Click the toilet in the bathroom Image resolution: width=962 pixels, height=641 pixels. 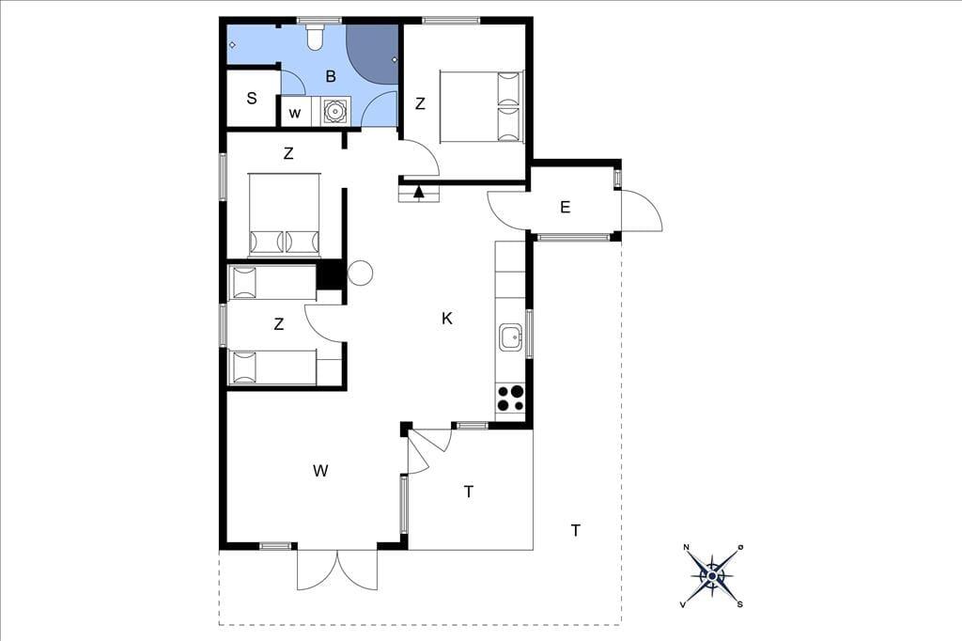(315, 37)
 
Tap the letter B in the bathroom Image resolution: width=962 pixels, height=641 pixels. (331, 77)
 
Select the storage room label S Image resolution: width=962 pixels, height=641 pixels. (252, 98)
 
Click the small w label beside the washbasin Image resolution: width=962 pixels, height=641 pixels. (295, 114)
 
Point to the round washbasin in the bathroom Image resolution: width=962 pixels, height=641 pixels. (335, 111)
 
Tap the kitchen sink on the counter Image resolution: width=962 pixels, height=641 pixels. (510, 337)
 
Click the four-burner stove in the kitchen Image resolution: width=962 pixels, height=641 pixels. (510, 398)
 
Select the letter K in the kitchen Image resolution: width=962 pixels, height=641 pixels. (447, 318)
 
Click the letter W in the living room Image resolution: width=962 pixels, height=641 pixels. (320, 471)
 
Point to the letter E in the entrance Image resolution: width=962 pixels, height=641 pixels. (565, 207)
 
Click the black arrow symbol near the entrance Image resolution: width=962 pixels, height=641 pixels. (419, 192)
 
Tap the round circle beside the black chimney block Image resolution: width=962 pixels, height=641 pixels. (360, 273)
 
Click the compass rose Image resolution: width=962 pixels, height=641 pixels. (712, 576)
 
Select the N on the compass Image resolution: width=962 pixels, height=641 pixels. (687, 547)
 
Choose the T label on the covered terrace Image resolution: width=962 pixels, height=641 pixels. (469, 492)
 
